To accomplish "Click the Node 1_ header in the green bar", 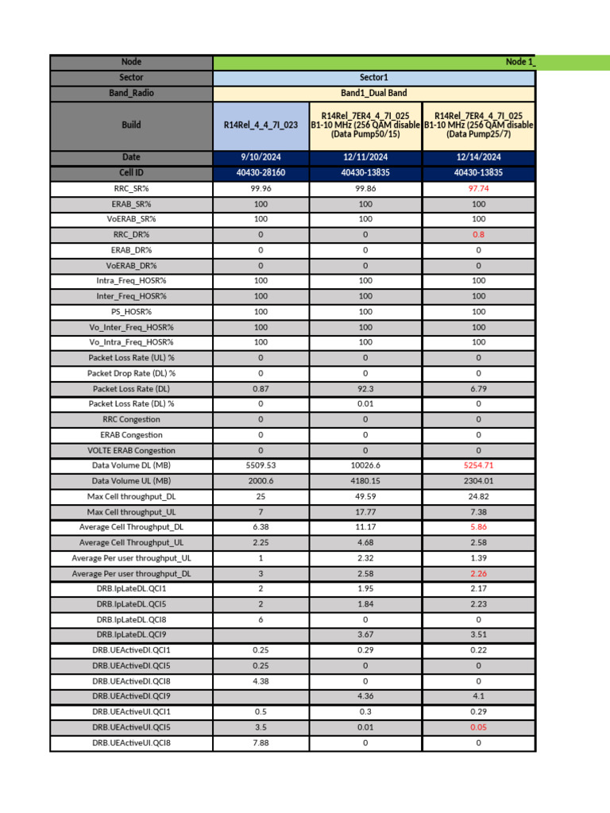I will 519,62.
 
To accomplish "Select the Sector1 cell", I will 374,78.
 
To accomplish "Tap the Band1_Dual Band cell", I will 374,93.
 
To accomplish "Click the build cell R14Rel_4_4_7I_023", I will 261,125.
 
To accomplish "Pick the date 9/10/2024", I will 261,157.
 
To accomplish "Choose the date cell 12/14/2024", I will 478,157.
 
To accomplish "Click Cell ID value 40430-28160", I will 261,172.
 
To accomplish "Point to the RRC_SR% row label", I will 131,189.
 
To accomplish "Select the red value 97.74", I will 478,189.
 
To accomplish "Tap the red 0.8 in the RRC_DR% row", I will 478,235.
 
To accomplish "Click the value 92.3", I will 365,389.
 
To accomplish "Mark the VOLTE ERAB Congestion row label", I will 131,450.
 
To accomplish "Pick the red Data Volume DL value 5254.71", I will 478,465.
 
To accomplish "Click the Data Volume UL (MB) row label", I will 131,481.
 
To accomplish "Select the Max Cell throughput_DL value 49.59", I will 365,496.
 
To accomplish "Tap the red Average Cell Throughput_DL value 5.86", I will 478,527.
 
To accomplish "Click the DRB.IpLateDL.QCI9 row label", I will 131,634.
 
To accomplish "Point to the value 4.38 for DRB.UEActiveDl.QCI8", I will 261,680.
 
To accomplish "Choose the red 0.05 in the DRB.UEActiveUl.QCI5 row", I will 478,727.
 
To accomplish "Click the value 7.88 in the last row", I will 261,742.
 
